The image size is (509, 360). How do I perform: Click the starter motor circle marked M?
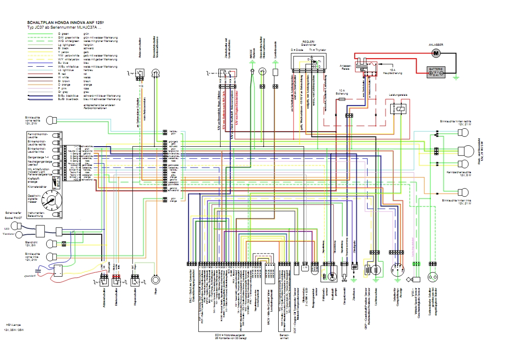436,53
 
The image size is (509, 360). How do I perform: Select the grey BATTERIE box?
436,71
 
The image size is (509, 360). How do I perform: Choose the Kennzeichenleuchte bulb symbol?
463,164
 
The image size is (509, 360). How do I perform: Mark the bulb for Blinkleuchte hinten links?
463,192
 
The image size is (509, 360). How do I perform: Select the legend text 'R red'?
60,74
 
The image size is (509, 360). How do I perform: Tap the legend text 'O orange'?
62,85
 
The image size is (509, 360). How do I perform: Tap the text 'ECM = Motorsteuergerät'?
230,335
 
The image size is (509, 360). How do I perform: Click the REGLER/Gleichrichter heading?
309,44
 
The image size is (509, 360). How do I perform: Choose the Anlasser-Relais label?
346,67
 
